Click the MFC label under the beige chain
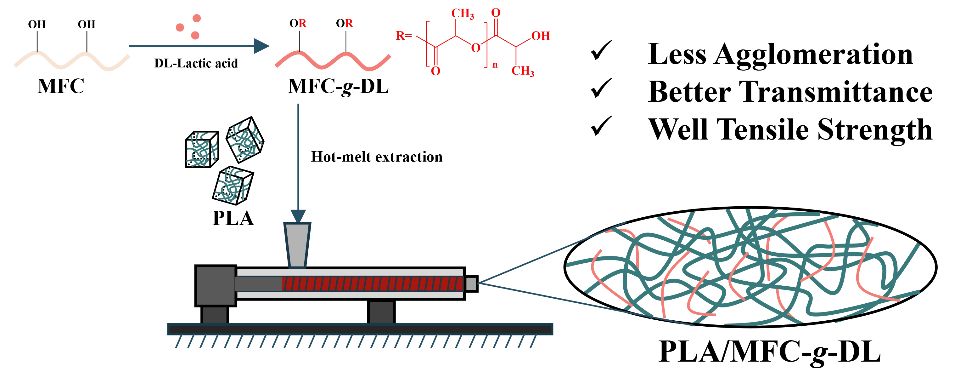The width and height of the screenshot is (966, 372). [x=61, y=86]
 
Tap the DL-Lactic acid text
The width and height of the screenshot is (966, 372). [x=196, y=63]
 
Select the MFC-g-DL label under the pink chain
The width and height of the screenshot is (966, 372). [x=338, y=87]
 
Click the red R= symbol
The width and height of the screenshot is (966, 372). [x=403, y=36]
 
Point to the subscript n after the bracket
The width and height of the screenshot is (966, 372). [x=495, y=65]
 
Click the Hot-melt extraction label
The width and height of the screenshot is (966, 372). [x=377, y=157]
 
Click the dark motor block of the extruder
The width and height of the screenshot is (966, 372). [x=216, y=285]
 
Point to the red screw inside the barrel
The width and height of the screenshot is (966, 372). [x=372, y=284]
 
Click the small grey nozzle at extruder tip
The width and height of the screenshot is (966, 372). [x=471, y=284]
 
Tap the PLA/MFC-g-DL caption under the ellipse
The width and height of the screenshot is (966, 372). [x=770, y=352]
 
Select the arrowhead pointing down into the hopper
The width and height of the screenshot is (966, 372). [x=298, y=216]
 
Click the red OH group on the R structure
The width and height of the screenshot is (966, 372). [x=540, y=36]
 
